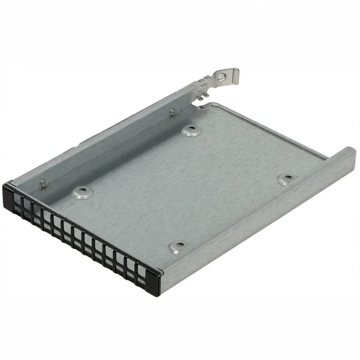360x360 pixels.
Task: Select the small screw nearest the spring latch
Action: click(173, 112)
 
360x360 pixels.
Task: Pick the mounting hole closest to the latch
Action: click(191, 131)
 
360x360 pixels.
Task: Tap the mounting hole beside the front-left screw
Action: click(81, 192)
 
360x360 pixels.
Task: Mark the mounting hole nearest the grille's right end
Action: click(177, 246)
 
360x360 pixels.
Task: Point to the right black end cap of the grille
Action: click(156, 281)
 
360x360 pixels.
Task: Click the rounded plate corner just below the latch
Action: click(206, 105)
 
